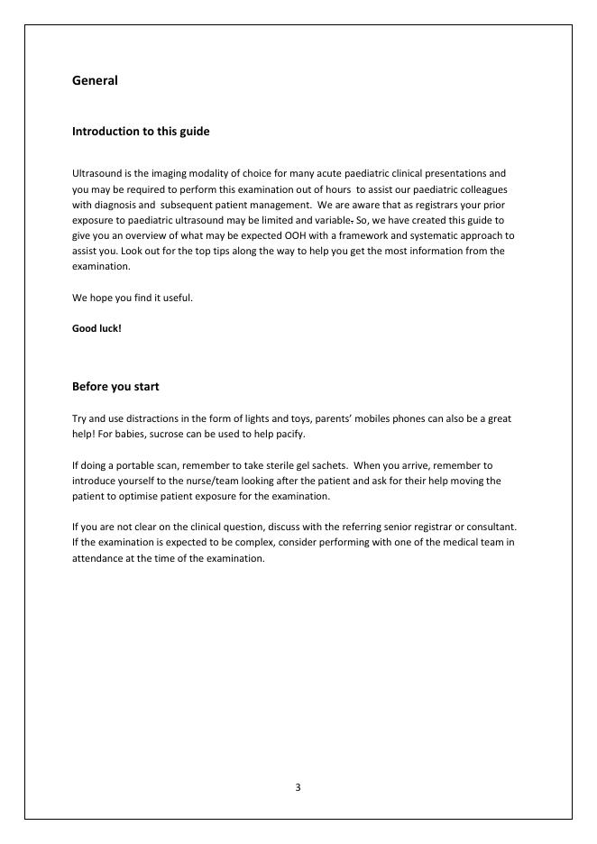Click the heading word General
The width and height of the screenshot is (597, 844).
tap(95, 80)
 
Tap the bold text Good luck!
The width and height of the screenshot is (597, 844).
tap(96, 328)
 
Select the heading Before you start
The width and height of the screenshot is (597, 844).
tap(115, 387)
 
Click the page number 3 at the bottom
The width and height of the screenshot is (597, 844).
tap(298, 788)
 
